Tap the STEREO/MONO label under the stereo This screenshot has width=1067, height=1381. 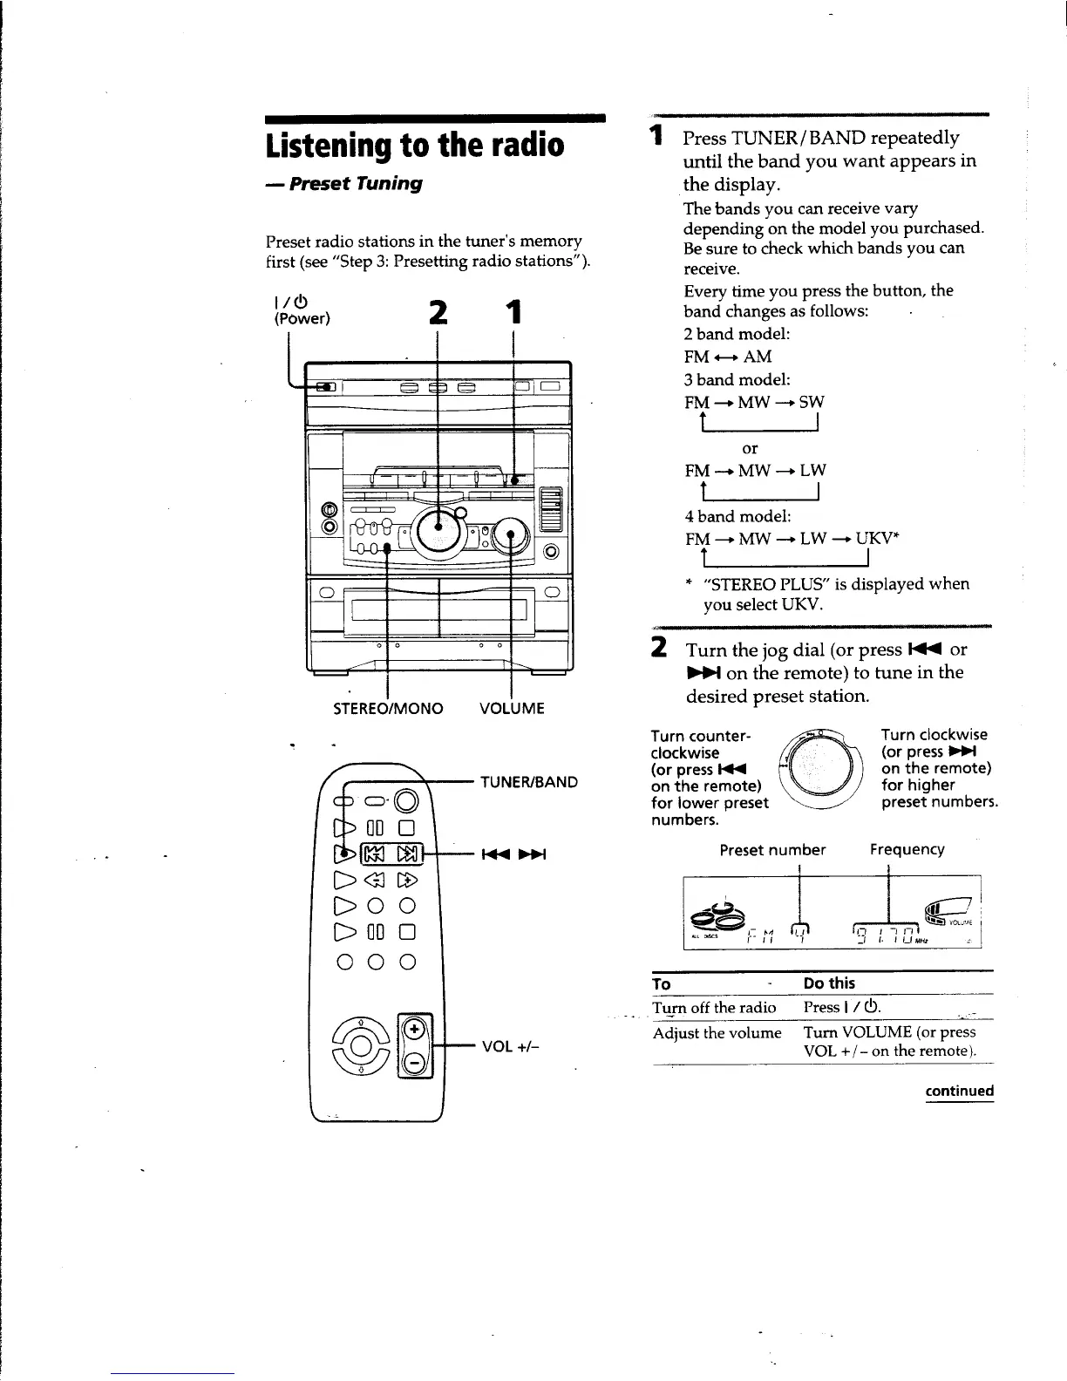[388, 708]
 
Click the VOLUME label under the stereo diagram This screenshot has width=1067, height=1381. [512, 708]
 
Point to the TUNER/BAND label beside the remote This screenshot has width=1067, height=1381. [528, 782]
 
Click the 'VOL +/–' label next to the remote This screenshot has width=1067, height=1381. [509, 1046]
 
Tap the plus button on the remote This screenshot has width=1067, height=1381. [415, 1029]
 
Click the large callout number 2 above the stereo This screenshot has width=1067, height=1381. [438, 312]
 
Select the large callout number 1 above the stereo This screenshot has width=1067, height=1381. [515, 312]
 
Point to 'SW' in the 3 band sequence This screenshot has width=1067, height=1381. [812, 402]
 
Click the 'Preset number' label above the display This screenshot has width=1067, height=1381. [772, 849]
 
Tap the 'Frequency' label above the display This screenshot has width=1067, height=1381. [907, 849]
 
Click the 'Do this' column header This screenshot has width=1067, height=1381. [829, 983]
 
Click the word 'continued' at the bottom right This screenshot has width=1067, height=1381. [959, 1091]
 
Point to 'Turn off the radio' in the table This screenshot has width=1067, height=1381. [714, 1008]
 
